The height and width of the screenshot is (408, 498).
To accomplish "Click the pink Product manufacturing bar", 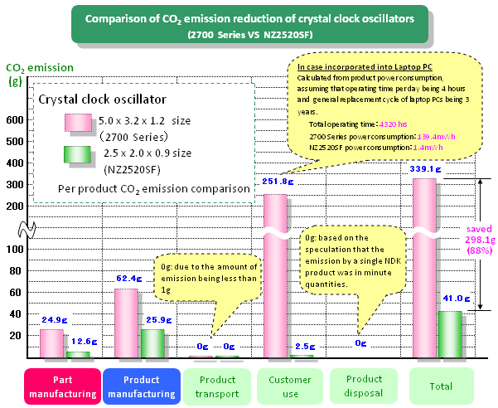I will pos(127,323).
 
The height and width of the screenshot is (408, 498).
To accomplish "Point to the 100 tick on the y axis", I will pos(17,249).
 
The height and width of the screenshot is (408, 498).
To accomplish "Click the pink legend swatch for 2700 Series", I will pos(80,123).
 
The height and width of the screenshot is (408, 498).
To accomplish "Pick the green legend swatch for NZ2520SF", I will pos(80,156).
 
